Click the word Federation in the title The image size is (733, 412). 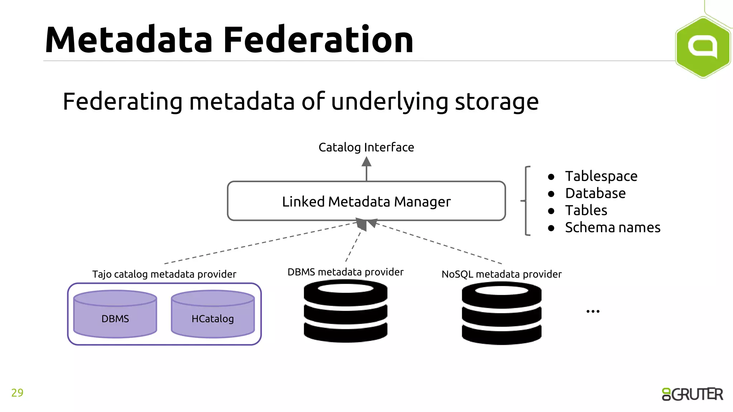318,40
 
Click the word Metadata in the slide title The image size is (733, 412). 129,40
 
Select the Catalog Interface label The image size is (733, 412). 366,147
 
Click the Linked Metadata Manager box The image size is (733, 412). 366,201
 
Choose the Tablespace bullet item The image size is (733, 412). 601,176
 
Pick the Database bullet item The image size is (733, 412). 595,193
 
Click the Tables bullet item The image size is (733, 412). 586,210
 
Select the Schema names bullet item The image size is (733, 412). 612,227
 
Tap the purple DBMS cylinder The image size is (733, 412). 115,315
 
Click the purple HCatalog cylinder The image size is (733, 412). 213,315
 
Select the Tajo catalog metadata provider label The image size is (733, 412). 164,274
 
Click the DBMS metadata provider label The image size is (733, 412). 345,272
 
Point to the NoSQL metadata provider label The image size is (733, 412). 501,274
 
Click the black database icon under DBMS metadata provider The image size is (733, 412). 345,311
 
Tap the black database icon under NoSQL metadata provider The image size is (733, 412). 501,313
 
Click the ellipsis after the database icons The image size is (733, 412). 593,312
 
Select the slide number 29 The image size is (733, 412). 17,393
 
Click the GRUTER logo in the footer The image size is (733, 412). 692,394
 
